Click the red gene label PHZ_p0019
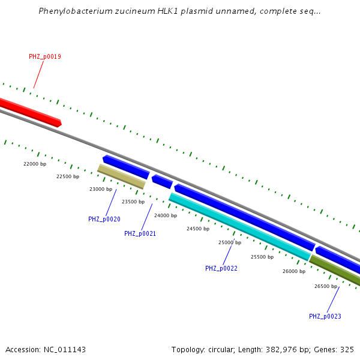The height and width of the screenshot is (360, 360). tap(45, 57)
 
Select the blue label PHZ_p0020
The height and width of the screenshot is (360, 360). tap(104, 220)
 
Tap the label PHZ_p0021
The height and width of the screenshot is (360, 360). tap(140, 234)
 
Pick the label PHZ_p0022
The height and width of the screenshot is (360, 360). tap(221, 269)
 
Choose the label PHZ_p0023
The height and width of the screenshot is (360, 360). tap(325, 317)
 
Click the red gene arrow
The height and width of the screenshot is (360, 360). tap(30, 112)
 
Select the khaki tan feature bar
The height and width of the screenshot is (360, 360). tap(121, 177)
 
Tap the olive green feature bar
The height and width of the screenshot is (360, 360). tap(336, 270)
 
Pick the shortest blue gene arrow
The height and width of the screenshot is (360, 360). tap(162, 181)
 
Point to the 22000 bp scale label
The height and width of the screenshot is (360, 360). tap(35, 164)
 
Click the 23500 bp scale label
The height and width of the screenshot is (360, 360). tap(133, 202)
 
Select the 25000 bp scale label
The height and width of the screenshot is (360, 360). tap(230, 243)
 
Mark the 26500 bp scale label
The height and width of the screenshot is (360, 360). tap(326, 287)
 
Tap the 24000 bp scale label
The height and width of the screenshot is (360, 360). tap(166, 216)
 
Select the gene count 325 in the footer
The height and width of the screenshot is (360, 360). tap(347, 350)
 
